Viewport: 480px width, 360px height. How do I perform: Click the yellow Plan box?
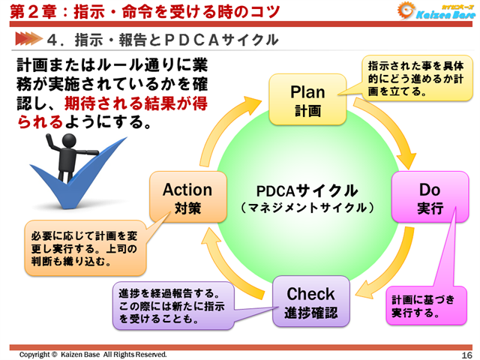click(307, 100)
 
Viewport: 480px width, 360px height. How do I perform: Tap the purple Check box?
click(310, 301)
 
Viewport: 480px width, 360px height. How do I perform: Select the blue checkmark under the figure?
click(64, 187)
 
